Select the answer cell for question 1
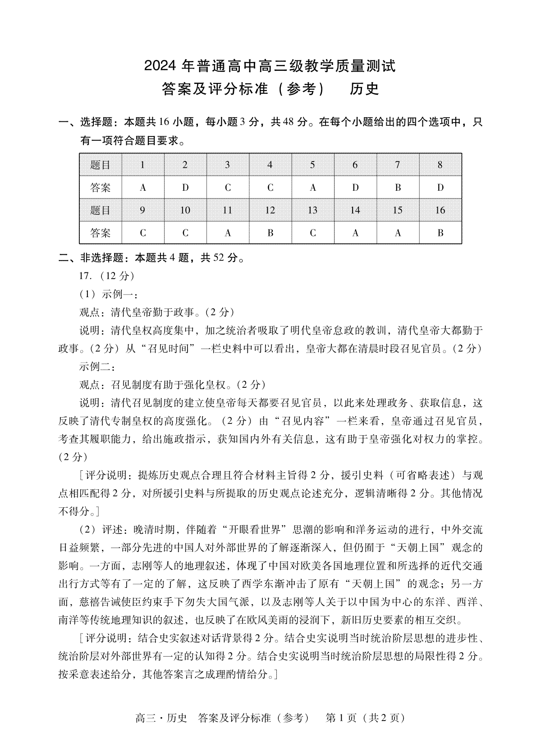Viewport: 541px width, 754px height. [143, 188]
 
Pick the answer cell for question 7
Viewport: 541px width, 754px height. [398, 188]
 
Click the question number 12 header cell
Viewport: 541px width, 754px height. [270, 210]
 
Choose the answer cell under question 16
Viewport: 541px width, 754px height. [440, 233]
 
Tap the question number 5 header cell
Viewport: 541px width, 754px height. [312, 165]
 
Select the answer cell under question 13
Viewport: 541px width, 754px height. [312, 233]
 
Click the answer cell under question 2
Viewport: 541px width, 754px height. [185, 188]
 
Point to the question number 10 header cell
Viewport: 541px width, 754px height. [185, 210]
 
